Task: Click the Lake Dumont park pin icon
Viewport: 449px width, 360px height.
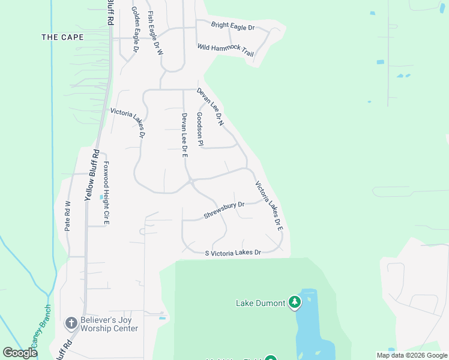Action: click(x=294, y=302)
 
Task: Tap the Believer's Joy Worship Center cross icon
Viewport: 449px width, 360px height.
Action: click(x=71, y=323)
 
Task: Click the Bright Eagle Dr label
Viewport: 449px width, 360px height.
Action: click(x=233, y=26)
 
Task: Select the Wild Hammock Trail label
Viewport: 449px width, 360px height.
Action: click(x=226, y=50)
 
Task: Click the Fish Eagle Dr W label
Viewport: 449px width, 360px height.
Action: click(x=155, y=34)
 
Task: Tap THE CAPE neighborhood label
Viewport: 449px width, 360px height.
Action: click(x=62, y=37)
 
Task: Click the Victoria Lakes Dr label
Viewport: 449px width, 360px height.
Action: click(x=128, y=122)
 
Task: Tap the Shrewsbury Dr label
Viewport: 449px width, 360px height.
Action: click(x=224, y=209)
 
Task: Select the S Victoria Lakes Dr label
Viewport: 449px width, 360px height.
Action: click(x=234, y=253)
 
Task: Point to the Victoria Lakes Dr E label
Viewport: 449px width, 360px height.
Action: click(x=268, y=206)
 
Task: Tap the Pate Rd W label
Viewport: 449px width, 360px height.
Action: click(x=67, y=216)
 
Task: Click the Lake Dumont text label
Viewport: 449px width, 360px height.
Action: click(x=260, y=303)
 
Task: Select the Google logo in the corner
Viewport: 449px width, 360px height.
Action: click(x=20, y=353)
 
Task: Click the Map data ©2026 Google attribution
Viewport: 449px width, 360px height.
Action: click(x=412, y=355)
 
